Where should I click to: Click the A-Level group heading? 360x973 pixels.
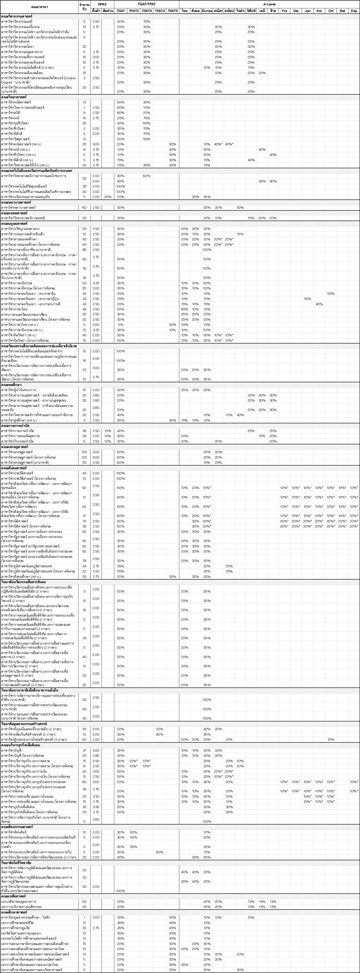(x=269, y=4)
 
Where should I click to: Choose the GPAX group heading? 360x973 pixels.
(x=102, y=4)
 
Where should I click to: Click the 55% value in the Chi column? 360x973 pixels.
(x=330, y=294)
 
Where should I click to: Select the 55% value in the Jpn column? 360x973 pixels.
(x=308, y=299)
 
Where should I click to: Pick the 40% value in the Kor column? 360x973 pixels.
(x=319, y=304)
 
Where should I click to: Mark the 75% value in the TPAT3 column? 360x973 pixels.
(x=146, y=118)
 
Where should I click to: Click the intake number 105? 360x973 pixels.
(x=84, y=452)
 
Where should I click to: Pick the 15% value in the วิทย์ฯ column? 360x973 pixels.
(x=240, y=234)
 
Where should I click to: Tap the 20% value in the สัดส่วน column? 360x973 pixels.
(x=108, y=197)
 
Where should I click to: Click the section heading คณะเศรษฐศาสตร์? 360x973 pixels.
(x=17, y=447)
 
